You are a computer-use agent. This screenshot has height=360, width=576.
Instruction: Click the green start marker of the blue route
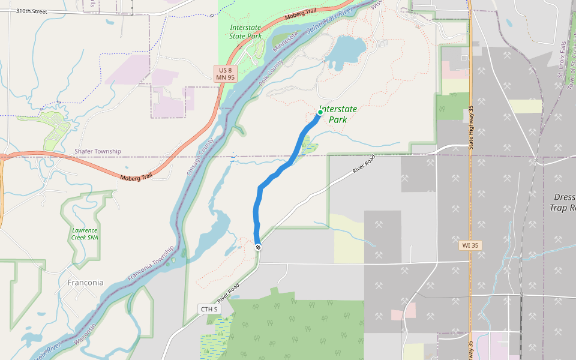320,112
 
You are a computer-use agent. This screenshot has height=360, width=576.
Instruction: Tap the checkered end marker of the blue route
258,247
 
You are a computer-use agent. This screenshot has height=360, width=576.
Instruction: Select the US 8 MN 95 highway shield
226,74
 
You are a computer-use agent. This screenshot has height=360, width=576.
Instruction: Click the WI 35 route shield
470,245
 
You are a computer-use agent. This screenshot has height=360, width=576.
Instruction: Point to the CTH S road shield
210,309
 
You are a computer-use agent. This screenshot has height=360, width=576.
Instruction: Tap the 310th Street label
32,11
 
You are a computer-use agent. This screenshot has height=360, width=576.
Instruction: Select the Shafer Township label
97,151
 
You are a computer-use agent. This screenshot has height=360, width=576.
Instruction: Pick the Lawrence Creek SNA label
85,234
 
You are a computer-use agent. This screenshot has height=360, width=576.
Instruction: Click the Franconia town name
85,283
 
